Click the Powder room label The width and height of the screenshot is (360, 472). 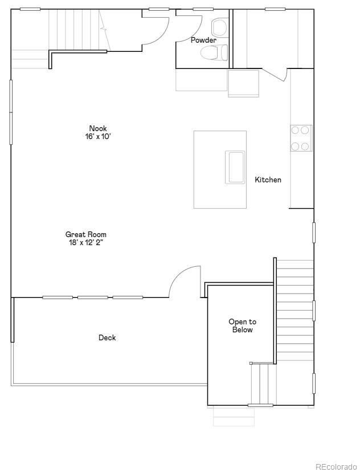click(203, 40)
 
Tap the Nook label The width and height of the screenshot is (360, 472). click(98, 128)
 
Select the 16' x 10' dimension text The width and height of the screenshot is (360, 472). click(98, 137)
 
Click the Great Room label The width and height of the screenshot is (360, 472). click(86, 234)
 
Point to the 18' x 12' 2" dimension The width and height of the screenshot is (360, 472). click(86, 242)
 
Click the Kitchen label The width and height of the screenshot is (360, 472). click(268, 180)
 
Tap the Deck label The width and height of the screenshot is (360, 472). click(107, 337)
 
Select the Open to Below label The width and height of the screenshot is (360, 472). click(242, 326)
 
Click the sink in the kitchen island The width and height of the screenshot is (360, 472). click(235, 167)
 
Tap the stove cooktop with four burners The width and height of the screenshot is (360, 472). click(301, 138)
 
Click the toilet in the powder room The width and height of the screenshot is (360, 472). click(215, 53)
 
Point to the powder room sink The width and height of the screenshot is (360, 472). click(219, 26)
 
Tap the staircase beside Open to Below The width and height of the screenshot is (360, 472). click(294, 311)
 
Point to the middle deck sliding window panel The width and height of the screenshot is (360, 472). click(93, 297)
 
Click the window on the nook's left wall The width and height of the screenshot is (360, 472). click(11, 112)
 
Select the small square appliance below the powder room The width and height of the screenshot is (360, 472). click(243, 83)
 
